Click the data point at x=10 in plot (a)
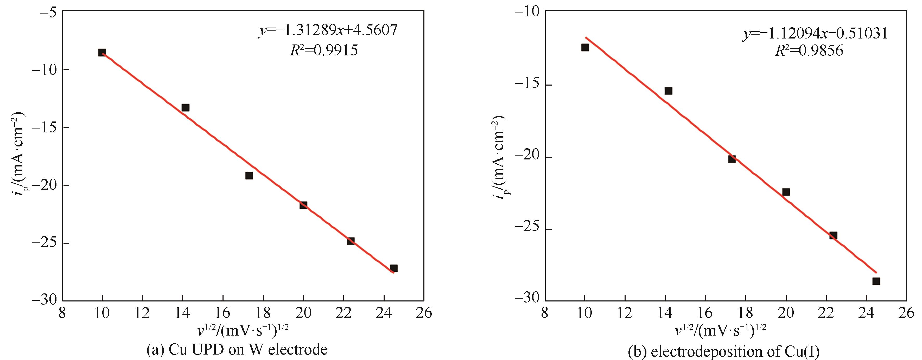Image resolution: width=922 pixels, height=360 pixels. coord(102,53)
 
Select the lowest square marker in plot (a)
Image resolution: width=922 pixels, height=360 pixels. coord(394,268)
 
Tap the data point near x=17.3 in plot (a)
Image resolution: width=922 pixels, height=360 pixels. coord(249,175)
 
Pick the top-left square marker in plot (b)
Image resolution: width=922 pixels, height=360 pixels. coord(585,47)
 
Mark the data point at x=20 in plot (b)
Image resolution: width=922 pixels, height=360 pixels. coord(786,192)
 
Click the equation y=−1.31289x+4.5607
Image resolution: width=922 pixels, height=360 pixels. coord(328,31)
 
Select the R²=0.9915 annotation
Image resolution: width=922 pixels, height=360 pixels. coord(323,51)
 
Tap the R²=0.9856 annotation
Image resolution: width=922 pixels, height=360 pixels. coord(809,51)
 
